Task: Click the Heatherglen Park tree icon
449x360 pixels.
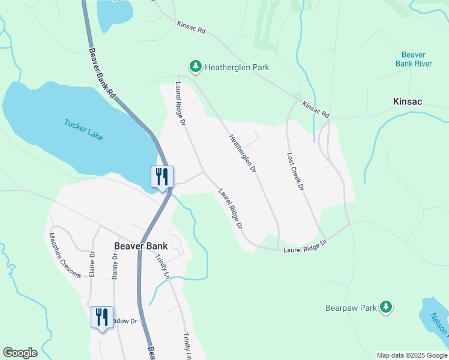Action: tap(195, 66)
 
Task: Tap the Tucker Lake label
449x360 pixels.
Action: tap(83, 130)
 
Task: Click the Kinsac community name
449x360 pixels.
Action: tap(407, 101)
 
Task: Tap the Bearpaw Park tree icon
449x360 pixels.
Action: tap(386, 307)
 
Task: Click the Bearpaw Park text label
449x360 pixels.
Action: tap(351, 308)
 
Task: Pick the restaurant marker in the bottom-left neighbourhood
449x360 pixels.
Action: tap(101, 316)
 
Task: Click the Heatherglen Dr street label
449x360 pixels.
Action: tap(243, 154)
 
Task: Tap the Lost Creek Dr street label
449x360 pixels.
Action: tap(295, 170)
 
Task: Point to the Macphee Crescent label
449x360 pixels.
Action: tap(65, 255)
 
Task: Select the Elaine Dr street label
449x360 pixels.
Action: tap(92, 263)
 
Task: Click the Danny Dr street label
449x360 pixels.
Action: tap(115, 265)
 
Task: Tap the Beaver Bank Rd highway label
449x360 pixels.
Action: tap(103, 72)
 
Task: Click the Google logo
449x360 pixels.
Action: tap(20, 353)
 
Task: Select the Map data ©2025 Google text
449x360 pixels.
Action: tap(411, 355)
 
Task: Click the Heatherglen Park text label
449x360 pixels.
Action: tap(237, 67)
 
